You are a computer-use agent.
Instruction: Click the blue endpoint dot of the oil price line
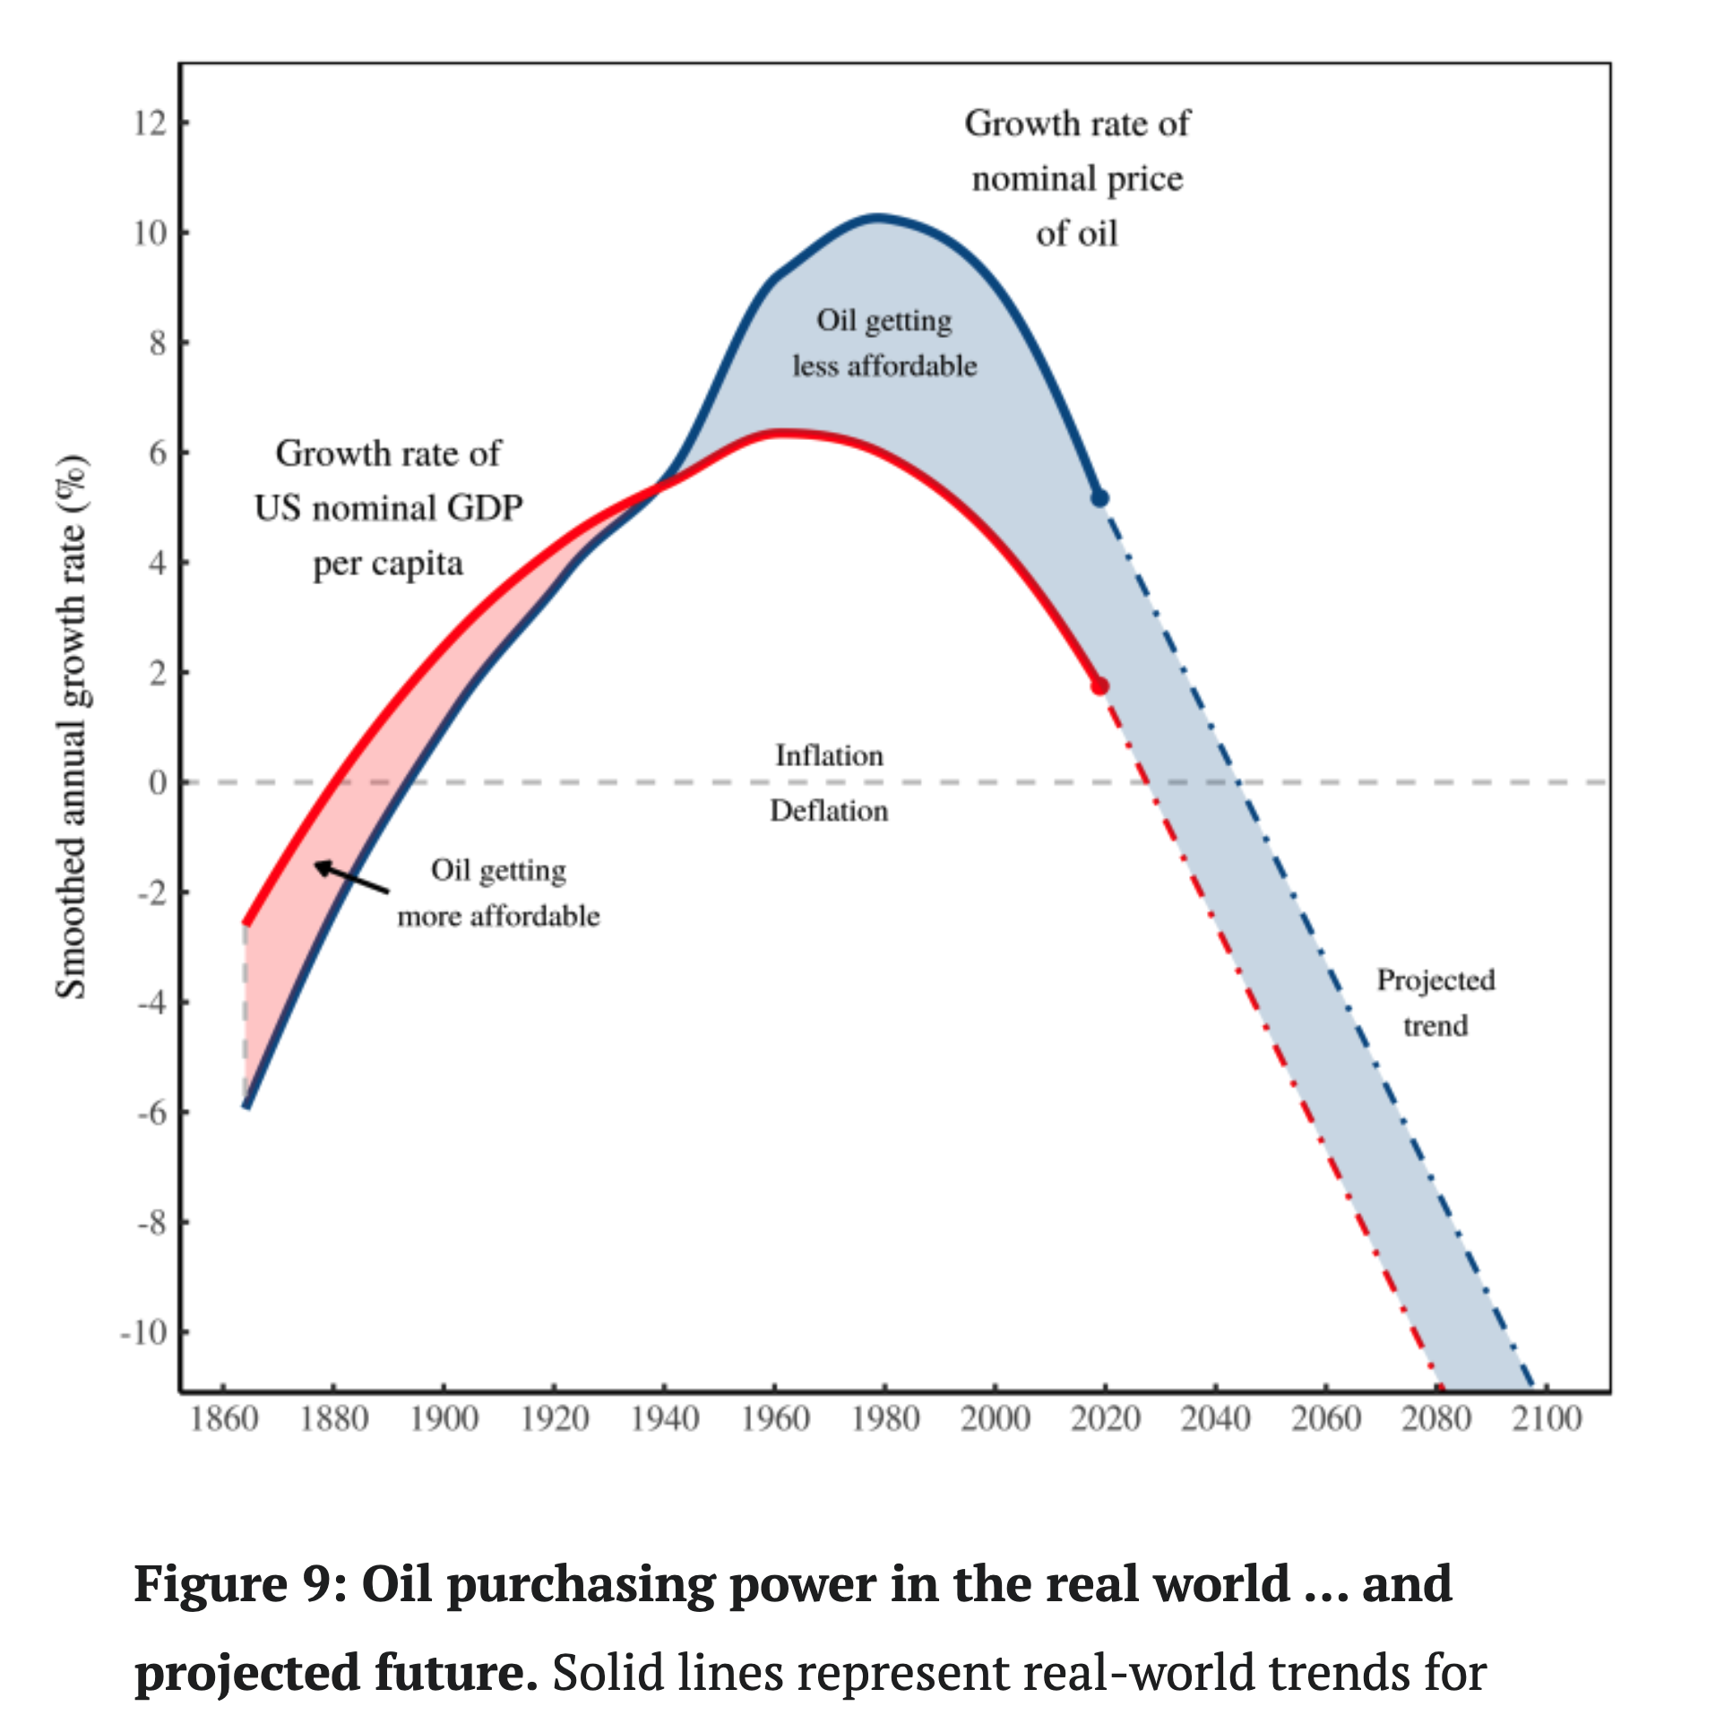(1099, 498)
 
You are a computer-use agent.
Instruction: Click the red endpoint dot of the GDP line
(1099, 686)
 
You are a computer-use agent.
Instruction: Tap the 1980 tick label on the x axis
(885, 1418)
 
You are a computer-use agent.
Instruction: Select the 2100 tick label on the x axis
(1547, 1418)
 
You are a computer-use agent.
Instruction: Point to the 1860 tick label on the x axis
(224, 1418)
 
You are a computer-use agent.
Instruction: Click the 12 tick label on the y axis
(151, 123)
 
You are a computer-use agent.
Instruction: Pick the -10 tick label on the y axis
(144, 1332)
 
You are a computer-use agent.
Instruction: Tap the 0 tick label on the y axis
(158, 782)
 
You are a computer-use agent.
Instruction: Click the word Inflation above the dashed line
(829, 755)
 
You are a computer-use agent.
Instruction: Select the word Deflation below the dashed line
(829, 811)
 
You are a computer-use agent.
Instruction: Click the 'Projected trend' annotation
(1435, 1003)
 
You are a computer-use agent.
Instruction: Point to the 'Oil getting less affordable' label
(884, 343)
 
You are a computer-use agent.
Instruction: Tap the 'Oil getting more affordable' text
(498, 893)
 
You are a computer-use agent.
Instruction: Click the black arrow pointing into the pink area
(351, 878)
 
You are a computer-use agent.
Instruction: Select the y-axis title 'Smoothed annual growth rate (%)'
(73, 727)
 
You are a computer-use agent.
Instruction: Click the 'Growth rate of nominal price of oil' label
(1077, 178)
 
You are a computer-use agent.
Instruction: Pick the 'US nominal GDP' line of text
(388, 508)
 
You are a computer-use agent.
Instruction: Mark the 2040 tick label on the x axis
(1215, 1418)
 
